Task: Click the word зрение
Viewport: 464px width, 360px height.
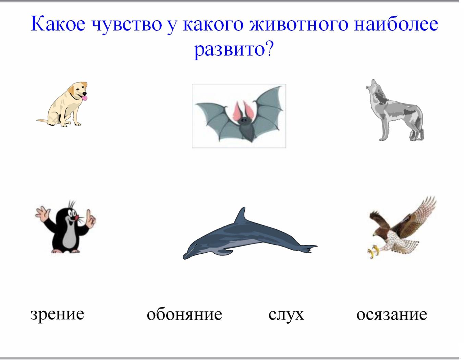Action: click(x=57, y=315)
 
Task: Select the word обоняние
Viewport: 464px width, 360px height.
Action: click(x=184, y=314)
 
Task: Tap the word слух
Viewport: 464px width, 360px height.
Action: click(x=286, y=315)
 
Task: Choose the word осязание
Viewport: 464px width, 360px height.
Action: click(x=392, y=315)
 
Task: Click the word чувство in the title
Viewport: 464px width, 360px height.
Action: click(x=127, y=25)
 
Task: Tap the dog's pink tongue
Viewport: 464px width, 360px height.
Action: click(x=85, y=98)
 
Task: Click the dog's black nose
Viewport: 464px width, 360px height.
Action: click(x=85, y=94)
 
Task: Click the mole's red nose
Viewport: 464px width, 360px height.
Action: click(x=76, y=217)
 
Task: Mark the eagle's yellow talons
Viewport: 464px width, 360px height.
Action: click(x=374, y=251)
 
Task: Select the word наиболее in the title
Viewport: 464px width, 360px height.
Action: click(x=396, y=24)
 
